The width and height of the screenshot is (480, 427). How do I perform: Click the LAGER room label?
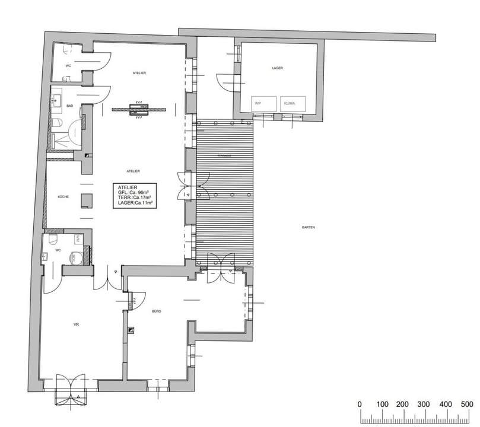(277, 69)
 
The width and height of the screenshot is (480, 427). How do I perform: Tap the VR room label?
(77, 324)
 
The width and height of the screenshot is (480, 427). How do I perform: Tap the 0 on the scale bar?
(360, 404)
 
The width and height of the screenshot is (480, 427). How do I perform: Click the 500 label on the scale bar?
(466, 404)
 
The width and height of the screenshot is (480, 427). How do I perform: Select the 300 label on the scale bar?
(423, 404)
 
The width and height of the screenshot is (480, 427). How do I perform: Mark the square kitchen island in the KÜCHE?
(86, 200)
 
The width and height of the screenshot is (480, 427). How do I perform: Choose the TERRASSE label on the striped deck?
(224, 155)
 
